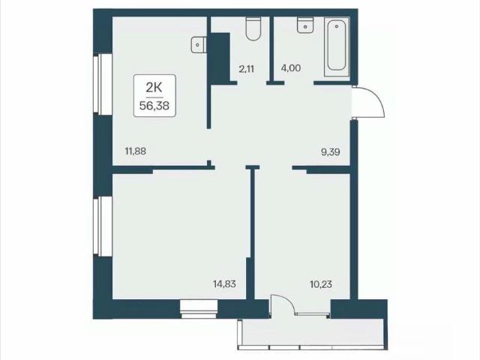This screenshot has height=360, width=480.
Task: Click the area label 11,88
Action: pyautogui.click(x=136, y=151)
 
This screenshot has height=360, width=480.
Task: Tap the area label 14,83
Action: pyautogui.click(x=224, y=284)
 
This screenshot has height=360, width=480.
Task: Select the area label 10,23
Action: pyautogui.click(x=321, y=284)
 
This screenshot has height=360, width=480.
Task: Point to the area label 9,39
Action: pyautogui.click(x=330, y=151)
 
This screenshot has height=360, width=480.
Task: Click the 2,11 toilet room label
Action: pyautogui.click(x=247, y=69)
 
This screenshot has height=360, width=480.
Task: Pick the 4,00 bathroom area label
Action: pyautogui.click(x=291, y=68)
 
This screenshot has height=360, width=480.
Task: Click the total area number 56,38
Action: pyautogui.click(x=154, y=106)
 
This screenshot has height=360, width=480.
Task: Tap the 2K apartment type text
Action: pyautogui.click(x=154, y=88)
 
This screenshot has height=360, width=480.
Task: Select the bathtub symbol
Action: pyautogui.click(x=337, y=46)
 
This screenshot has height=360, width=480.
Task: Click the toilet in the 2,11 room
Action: pyautogui.click(x=253, y=28)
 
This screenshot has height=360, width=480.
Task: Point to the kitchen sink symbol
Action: pyautogui.click(x=199, y=45)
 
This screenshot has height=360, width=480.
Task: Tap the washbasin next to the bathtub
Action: pyautogui.click(x=305, y=25)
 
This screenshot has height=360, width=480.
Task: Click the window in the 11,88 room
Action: pyautogui.click(x=103, y=84)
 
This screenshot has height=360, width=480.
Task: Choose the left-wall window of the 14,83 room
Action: pyautogui.click(x=103, y=226)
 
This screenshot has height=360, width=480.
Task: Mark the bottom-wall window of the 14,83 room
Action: pyautogui.click(x=199, y=309)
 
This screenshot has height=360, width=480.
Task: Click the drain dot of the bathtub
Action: pyautogui.click(x=337, y=26)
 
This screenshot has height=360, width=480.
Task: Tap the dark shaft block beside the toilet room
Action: pyautogui.click(x=220, y=58)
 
